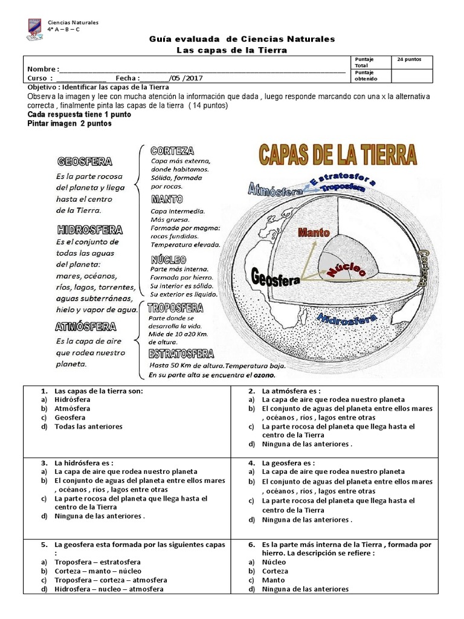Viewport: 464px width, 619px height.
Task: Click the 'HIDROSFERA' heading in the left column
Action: [89, 230]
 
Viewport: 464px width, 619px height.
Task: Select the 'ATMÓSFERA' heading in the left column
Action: [85, 327]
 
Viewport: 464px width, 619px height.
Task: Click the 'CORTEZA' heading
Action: [172, 151]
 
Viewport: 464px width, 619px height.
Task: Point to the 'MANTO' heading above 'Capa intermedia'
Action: [167, 199]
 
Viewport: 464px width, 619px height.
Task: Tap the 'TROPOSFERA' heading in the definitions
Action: [176, 308]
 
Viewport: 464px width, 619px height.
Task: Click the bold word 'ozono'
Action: [260, 375]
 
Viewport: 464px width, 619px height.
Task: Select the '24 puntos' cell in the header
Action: [414, 60]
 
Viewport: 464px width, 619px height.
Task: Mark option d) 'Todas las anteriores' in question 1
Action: [88, 426]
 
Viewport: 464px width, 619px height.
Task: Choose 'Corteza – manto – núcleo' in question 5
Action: [98, 571]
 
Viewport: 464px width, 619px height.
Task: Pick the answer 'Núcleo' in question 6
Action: [274, 562]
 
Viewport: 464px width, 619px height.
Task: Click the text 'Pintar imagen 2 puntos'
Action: [69, 123]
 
